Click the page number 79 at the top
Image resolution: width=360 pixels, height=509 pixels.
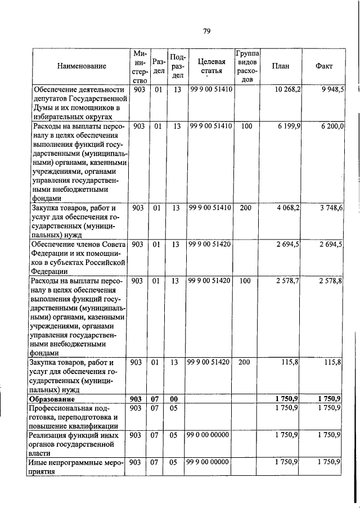pos(206,31)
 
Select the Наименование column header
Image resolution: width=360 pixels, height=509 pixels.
pos(82,66)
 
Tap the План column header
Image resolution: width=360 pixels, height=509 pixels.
pos(281,66)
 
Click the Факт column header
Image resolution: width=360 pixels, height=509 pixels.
pos(325,66)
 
